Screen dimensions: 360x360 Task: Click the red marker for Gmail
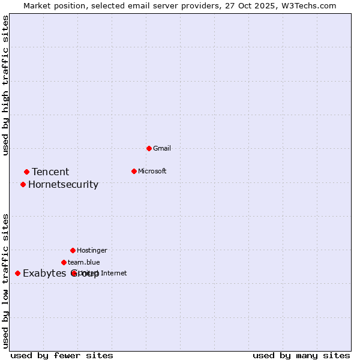click(149, 148)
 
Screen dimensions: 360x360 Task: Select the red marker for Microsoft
click(134, 171)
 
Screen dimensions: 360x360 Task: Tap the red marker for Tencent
click(26, 172)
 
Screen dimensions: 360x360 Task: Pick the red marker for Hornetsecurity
click(23, 184)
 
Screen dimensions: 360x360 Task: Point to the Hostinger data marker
click(73, 250)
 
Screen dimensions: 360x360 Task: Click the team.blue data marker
click(64, 262)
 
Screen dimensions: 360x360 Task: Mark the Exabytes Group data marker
click(17, 273)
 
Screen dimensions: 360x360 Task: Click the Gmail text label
click(162, 148)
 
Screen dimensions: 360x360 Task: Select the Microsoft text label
click(152, 171)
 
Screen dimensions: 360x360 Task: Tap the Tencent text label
click(50, 172)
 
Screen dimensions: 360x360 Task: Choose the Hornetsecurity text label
click(63, 184)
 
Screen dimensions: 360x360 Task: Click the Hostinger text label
click(92, 250)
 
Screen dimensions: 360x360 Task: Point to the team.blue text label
click(84, 262)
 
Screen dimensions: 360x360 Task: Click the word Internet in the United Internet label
click(114, 273)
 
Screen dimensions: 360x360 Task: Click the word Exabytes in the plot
click(44, 274)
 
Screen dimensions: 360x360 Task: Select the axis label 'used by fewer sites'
click(62, 356)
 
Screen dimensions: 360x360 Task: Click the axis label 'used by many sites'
click(301, 356)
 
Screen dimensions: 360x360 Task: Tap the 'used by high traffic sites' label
click(6, 85)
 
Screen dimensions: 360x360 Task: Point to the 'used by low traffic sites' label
click(6, 281)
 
